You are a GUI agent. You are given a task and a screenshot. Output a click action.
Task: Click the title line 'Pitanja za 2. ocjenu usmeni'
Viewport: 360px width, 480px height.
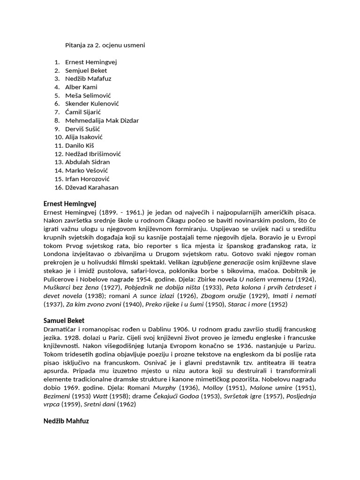click(105, 45)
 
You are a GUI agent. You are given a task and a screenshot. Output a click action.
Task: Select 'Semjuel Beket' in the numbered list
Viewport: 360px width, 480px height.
click(86, 70)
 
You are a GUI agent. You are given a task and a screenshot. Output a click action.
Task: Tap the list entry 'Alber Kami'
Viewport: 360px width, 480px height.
click(81, 87)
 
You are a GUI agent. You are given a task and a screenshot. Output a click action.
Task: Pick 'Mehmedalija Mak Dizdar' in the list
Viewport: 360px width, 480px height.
click(102, 120)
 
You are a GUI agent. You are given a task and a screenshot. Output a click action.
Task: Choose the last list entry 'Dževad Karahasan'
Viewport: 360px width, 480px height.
click(92, 187)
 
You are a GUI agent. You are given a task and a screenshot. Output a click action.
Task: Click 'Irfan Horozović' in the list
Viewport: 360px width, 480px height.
click(87, 179)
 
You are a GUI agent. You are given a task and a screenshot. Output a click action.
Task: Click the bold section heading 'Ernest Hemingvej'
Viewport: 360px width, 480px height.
click(69, 204)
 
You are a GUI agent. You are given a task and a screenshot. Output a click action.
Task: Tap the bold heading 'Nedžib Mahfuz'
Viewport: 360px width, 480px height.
click(66, 421)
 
